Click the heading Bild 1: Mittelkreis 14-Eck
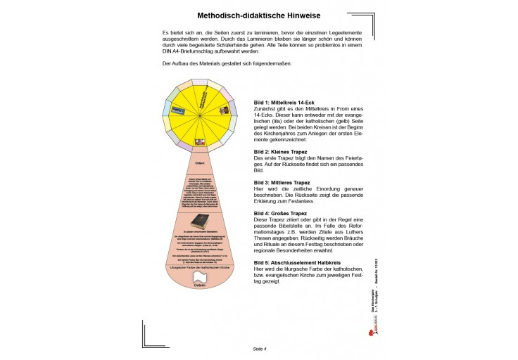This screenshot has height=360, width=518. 289,103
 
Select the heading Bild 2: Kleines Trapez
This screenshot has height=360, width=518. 284,152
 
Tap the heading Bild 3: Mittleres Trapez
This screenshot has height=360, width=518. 286,182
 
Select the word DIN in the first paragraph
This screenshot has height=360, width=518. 168,53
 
